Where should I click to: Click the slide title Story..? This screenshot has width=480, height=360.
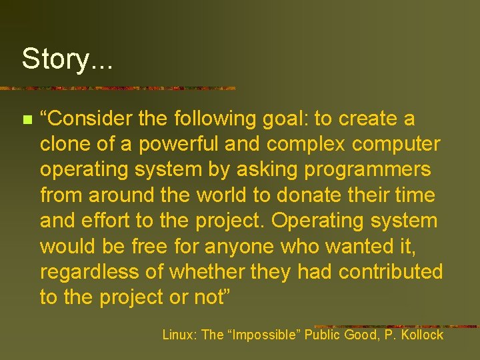[67, 59]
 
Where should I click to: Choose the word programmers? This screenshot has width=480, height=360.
[367, 169]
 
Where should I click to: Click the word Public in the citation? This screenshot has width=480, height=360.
[323, 335]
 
